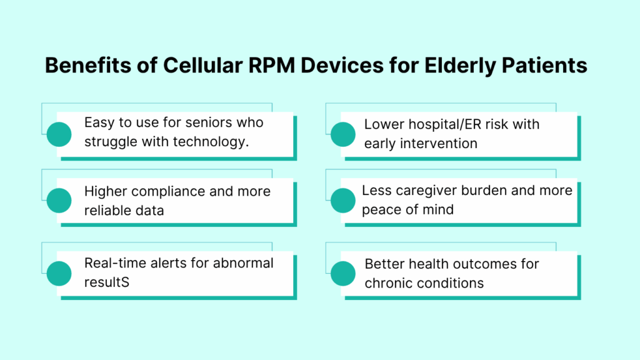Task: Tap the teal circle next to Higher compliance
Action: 59,200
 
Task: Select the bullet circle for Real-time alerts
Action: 59,272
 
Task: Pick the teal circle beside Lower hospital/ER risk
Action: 342,133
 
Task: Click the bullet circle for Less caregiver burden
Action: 342,200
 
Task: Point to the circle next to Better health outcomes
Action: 342,272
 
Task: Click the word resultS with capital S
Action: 107,282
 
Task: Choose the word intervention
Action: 440,143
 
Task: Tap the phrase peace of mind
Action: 407,209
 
